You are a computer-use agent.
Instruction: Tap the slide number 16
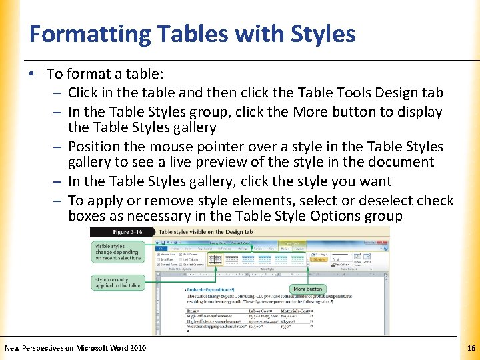click(x=471, y=347)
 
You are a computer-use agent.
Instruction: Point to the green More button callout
click(x=308, y=289)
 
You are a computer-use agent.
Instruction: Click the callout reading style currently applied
click(x=117, y=282)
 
